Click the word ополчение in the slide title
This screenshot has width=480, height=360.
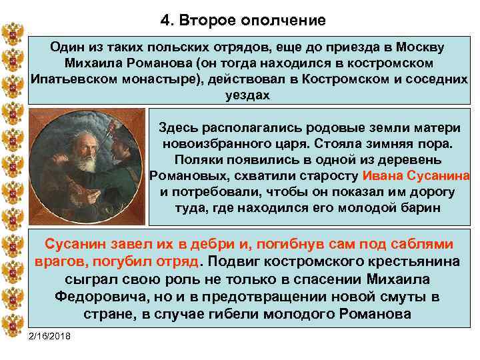point(286,21)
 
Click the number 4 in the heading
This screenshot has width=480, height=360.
point(164,21)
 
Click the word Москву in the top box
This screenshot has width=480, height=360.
point(421,48)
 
